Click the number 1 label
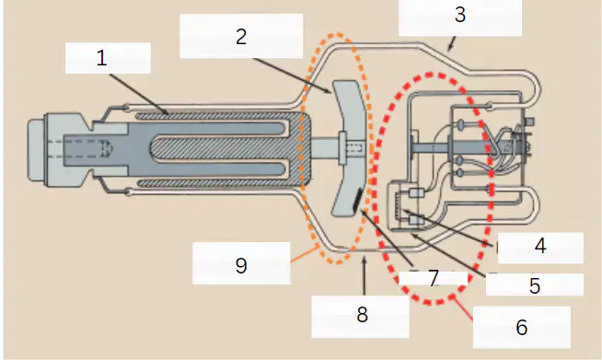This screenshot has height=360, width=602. point(101,58)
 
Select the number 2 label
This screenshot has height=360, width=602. point(241,37)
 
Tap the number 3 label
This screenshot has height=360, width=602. point(460,14)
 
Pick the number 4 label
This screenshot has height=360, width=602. point(540,246)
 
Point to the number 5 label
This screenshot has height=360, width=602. point(535,285)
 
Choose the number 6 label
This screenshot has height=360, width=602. point(521,327)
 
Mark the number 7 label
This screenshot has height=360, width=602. point(434,278)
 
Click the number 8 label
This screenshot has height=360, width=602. point(362,315)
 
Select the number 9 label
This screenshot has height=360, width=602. point(241,265)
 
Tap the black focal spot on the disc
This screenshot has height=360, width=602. point(357,199)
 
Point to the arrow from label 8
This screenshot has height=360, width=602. point(365,276)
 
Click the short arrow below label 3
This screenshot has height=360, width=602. point(452,43)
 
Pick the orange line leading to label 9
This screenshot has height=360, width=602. point(304,253)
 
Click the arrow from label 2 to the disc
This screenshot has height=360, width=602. point(292,75)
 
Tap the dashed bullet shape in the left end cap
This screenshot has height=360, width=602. point(107,147)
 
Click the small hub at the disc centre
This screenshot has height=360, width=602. point(342,147)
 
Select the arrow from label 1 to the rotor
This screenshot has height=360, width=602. point(139,94)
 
